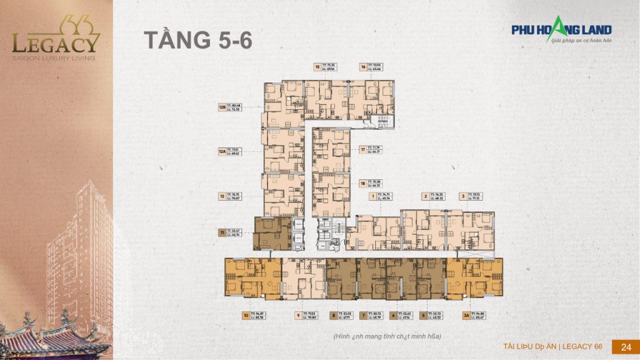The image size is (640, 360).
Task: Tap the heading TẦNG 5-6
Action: click(198, 39)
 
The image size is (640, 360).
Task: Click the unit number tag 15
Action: click(317, 67)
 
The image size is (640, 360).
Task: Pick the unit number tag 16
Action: click(362, 67)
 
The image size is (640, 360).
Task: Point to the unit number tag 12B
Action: click(222, 107)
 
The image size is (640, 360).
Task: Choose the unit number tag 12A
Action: click(222, 151)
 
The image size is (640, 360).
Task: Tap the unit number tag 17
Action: click(362, 149)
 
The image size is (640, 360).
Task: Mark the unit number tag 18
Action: click(362, 183)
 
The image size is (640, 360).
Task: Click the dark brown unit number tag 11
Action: click(222, 232)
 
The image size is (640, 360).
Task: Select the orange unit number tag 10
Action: click(246, 316)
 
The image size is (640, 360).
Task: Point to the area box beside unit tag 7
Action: click(378, 316)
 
